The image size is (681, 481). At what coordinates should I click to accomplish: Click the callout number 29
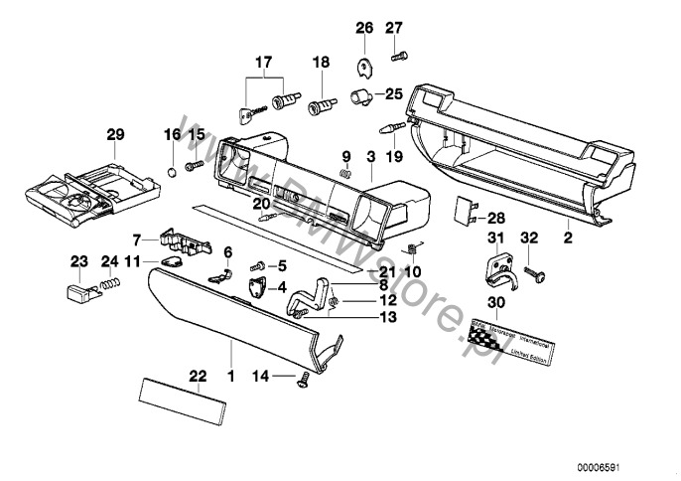coord(115,133)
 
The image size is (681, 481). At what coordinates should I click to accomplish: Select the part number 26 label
coord(363,27)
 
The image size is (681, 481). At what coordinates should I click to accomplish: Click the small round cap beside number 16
coord(172,171)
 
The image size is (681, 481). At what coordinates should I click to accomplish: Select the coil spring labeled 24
coord(112,285)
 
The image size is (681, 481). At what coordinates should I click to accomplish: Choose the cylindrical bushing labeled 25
coord(361,96)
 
